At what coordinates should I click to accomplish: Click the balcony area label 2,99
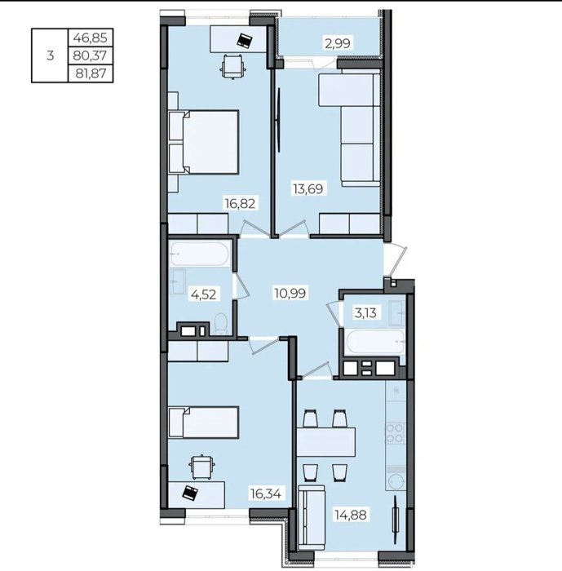pyautogui.click(x=337, y=43)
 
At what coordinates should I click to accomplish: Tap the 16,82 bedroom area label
pyautogui.click(x=240, y=203)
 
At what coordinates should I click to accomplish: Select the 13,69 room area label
pyautogui.click(x=308, y=189)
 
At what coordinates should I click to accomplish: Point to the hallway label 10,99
pyautogui.click(x=290, y=293)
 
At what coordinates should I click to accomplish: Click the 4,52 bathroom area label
pyautogui.click(x=204, y=294)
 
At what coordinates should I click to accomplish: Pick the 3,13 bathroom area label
pyautogui.click(x=365, y=312)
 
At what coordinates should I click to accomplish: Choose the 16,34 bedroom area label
pyautogui.click(x=266, y=494)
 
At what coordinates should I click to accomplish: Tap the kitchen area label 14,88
pyautogui.click(x=351, y=515)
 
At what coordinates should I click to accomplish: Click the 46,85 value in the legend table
pyautogui.click(x=91, y=38)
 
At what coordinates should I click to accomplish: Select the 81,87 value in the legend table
pyautogui.click(x=91, y=74)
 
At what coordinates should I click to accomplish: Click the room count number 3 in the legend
pyautogui.click(x=51, y=56)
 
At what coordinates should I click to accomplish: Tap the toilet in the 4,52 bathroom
pyautogui.click(x=220, y=324)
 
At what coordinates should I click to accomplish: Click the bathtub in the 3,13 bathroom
pyautogui.click(x=375, y=342)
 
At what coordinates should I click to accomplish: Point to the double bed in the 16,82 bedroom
pyautogui.click(x=204, y=142)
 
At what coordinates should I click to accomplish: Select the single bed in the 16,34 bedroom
pyautogui.click(x=204, y=423)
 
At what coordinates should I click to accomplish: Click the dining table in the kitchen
pyautogui.click(x=326, y=442)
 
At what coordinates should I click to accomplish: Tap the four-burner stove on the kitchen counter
pyautogui.click(x=395, y=432)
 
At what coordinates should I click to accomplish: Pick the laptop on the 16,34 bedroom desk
pyautogui.click(x=191, y=493)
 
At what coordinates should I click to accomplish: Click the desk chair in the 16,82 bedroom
pyautogui.click(x=232, y=65)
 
